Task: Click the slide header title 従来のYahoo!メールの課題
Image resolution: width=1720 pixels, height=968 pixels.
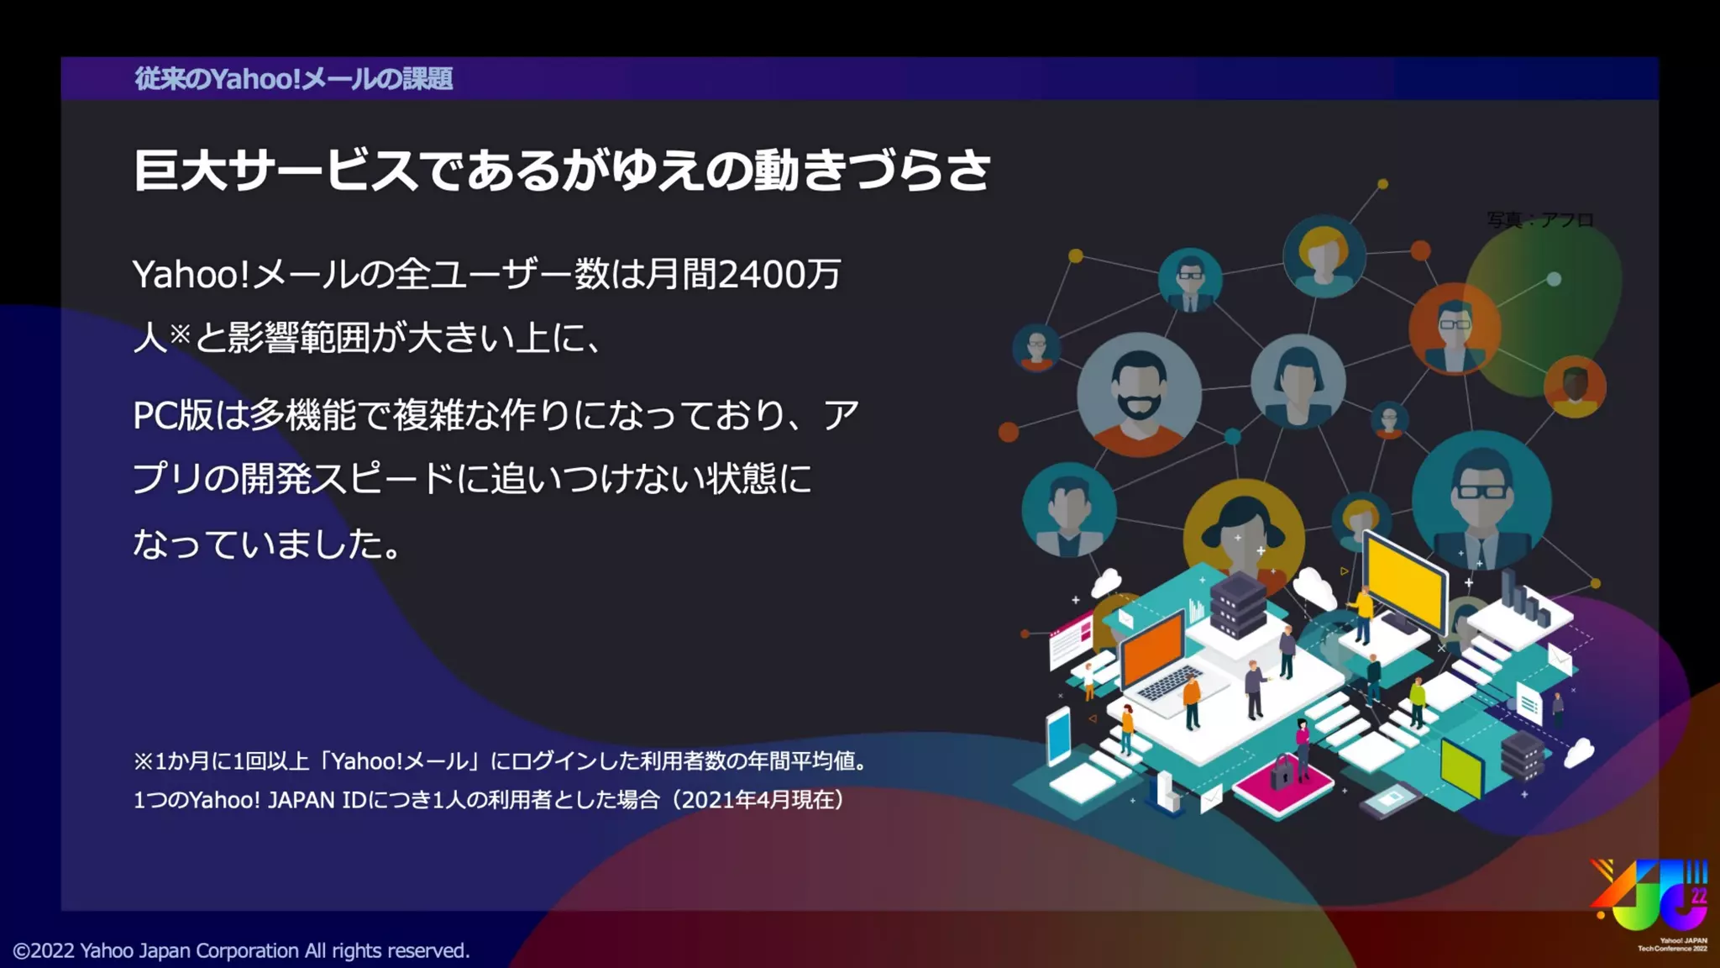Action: [x=294, y=78]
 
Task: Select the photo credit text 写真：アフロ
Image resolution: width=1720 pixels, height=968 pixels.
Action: [x=1539, y=219]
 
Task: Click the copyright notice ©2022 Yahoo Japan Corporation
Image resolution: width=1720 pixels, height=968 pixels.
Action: [x=241, y=950]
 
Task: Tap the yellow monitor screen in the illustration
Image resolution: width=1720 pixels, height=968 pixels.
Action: [x=1404, y=580]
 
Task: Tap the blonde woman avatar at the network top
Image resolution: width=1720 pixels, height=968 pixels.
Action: [x=1324, y=254]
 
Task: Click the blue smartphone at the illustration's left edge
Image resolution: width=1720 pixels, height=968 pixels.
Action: [x=1059, y=735]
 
